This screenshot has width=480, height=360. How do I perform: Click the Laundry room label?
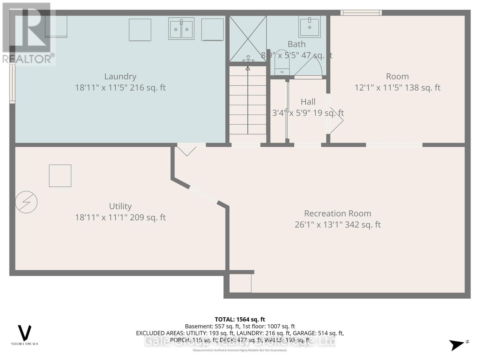[120, 76]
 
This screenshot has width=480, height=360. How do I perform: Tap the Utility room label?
[120, 206]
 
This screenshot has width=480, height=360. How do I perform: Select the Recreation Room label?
[337, 214]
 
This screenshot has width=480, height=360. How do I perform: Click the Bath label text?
[296, 44]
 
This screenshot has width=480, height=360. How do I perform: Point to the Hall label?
[308, 102]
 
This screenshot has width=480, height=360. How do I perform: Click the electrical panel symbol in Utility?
[26, 202]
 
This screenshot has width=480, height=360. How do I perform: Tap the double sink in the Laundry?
[181, 29]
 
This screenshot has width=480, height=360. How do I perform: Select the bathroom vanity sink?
[310, 26]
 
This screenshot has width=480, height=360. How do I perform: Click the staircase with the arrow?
[248, 102]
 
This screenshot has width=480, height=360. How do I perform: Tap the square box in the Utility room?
[60, 176]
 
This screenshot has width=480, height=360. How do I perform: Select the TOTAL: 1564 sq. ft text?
[240, 319]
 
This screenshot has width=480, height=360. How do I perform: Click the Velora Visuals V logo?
[25, 333]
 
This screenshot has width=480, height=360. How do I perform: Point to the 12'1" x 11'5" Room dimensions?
[397, 88]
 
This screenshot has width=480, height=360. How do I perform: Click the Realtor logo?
[28, 34]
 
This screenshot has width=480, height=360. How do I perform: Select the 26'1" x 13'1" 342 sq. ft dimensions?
[337, 225]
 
